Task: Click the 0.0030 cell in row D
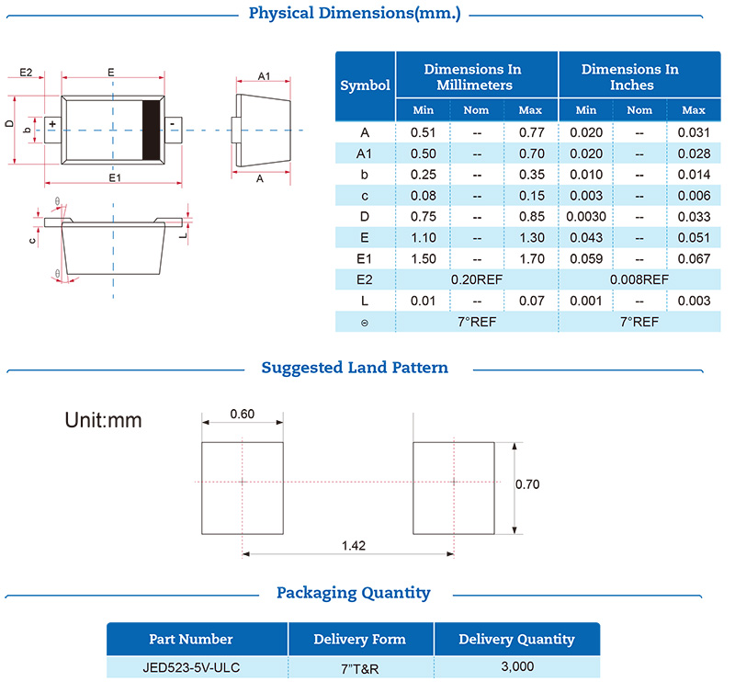click(585, 216)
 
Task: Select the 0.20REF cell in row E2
click(477, 279)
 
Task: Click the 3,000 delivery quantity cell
click(516, 666)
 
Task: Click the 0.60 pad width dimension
click(243, 414)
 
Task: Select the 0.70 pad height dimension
click(527, 484)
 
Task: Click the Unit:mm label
click(103, 421)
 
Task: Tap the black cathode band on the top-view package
click(151, 129)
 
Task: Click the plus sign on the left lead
click(52, 123)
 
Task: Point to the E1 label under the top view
click(114, 177)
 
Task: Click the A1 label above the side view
click(263, 75)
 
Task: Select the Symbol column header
click(365, 85)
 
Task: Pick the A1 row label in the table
click(365, 153)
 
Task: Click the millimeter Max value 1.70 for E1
click(531, 258)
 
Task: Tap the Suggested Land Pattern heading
click(355, 368)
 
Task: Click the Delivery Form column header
click(359, 639)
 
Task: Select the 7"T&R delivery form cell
click(360, 667)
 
